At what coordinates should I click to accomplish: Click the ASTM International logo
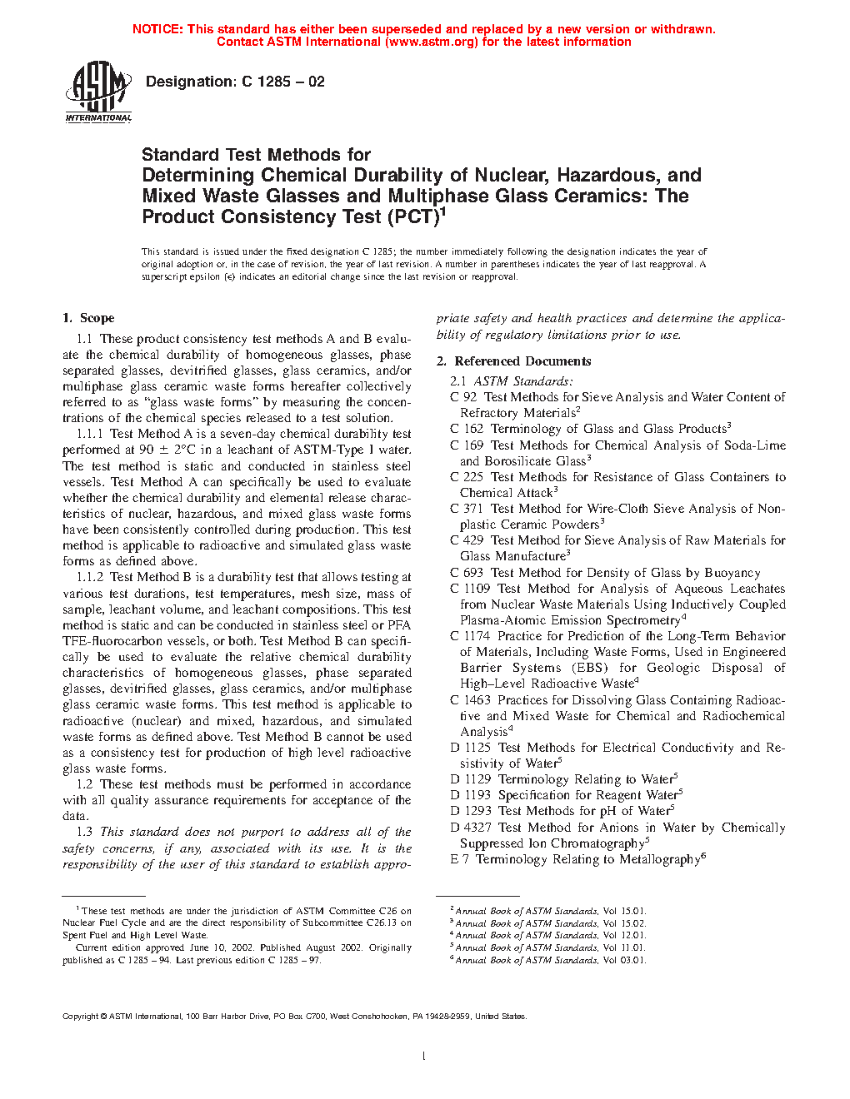point(98,92)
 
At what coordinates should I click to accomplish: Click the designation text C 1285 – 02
point(283,82)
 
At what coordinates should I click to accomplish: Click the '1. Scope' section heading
point(88,318)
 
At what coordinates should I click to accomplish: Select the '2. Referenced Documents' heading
point(514,361)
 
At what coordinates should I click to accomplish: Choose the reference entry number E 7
point(459,859)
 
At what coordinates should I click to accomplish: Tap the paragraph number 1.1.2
point(90,577)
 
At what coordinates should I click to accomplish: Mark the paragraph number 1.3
point(84,832)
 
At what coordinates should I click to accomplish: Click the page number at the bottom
point(424,1057)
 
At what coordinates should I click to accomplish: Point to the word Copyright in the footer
point(81,1017)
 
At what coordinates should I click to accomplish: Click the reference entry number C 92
point(463,397)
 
